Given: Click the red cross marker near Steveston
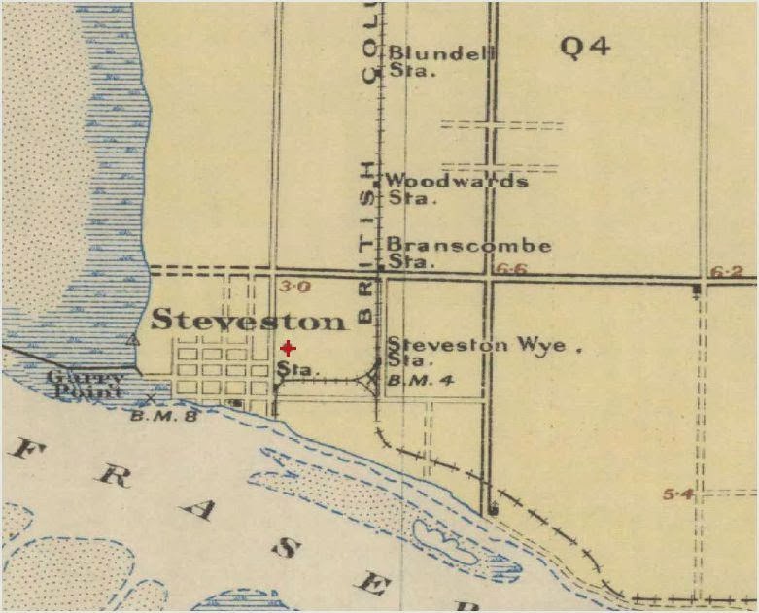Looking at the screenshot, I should [288, 348].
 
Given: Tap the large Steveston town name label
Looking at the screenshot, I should [248, 320].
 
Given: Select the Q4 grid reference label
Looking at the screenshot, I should [586, 46].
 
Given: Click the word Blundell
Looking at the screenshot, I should [442, 53].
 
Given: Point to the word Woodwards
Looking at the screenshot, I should [457, 181].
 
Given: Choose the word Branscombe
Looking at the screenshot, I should [469, 245].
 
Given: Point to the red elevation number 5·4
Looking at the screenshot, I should [677, 494].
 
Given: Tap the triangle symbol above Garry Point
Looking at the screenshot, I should [132, 339].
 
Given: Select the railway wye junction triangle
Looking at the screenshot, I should [373, 378].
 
